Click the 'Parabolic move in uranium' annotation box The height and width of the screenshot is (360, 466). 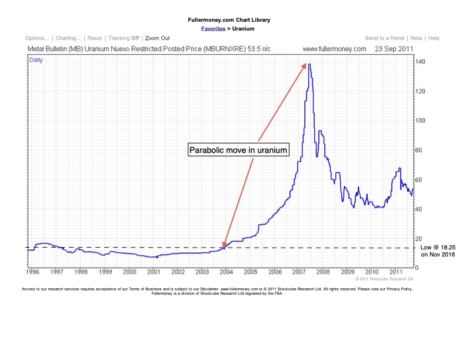238,150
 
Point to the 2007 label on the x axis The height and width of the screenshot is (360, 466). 298,272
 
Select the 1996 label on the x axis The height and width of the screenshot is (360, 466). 34,272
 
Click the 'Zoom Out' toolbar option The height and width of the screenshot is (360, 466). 157,38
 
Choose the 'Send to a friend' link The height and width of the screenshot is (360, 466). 384,38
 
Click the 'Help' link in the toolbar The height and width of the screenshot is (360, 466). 434,38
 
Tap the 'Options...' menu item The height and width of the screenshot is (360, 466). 38,38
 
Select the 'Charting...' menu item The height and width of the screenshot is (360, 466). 68,38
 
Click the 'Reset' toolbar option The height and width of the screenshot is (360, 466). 95,38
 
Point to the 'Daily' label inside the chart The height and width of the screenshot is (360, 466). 36,60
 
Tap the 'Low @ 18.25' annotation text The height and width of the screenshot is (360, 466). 438,249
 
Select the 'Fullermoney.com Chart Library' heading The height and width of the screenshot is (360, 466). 233,20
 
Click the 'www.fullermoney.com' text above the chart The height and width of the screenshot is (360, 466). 334,49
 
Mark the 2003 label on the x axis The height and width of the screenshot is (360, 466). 202,272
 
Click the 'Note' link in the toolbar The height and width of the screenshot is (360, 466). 416,38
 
